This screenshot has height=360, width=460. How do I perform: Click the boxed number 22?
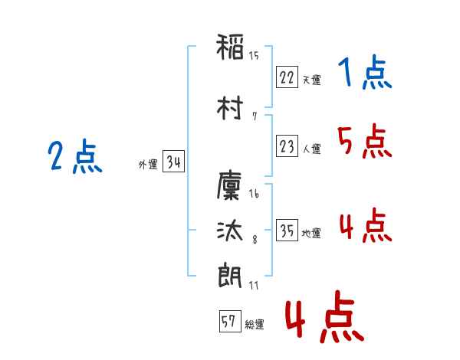pyautogui.click(x=287, y=77)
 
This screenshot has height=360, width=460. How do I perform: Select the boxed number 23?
pyautogui.click(x=287, y=147)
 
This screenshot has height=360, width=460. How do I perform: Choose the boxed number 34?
pyautogui.click(x=173, y=162)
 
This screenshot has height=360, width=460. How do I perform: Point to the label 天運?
pyautogui.click(x=311, y=80)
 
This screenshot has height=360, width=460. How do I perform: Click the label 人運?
pyautogui.click(x=311, y=149)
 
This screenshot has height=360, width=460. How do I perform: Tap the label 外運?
pyautogui.click(x=148, y=164)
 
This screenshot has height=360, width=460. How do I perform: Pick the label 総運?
pyautogui.click(x=255, y=325)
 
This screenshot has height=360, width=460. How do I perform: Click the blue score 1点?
pyautogui.click(x=364, y=74)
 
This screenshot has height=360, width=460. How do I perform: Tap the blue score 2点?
pyautogui.click(x=74, y=159)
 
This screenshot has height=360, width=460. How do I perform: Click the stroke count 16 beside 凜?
pyautogui.click(x=254, y=195)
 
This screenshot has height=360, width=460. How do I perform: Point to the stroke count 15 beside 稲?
pyautogui.click(x=254, y=55)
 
